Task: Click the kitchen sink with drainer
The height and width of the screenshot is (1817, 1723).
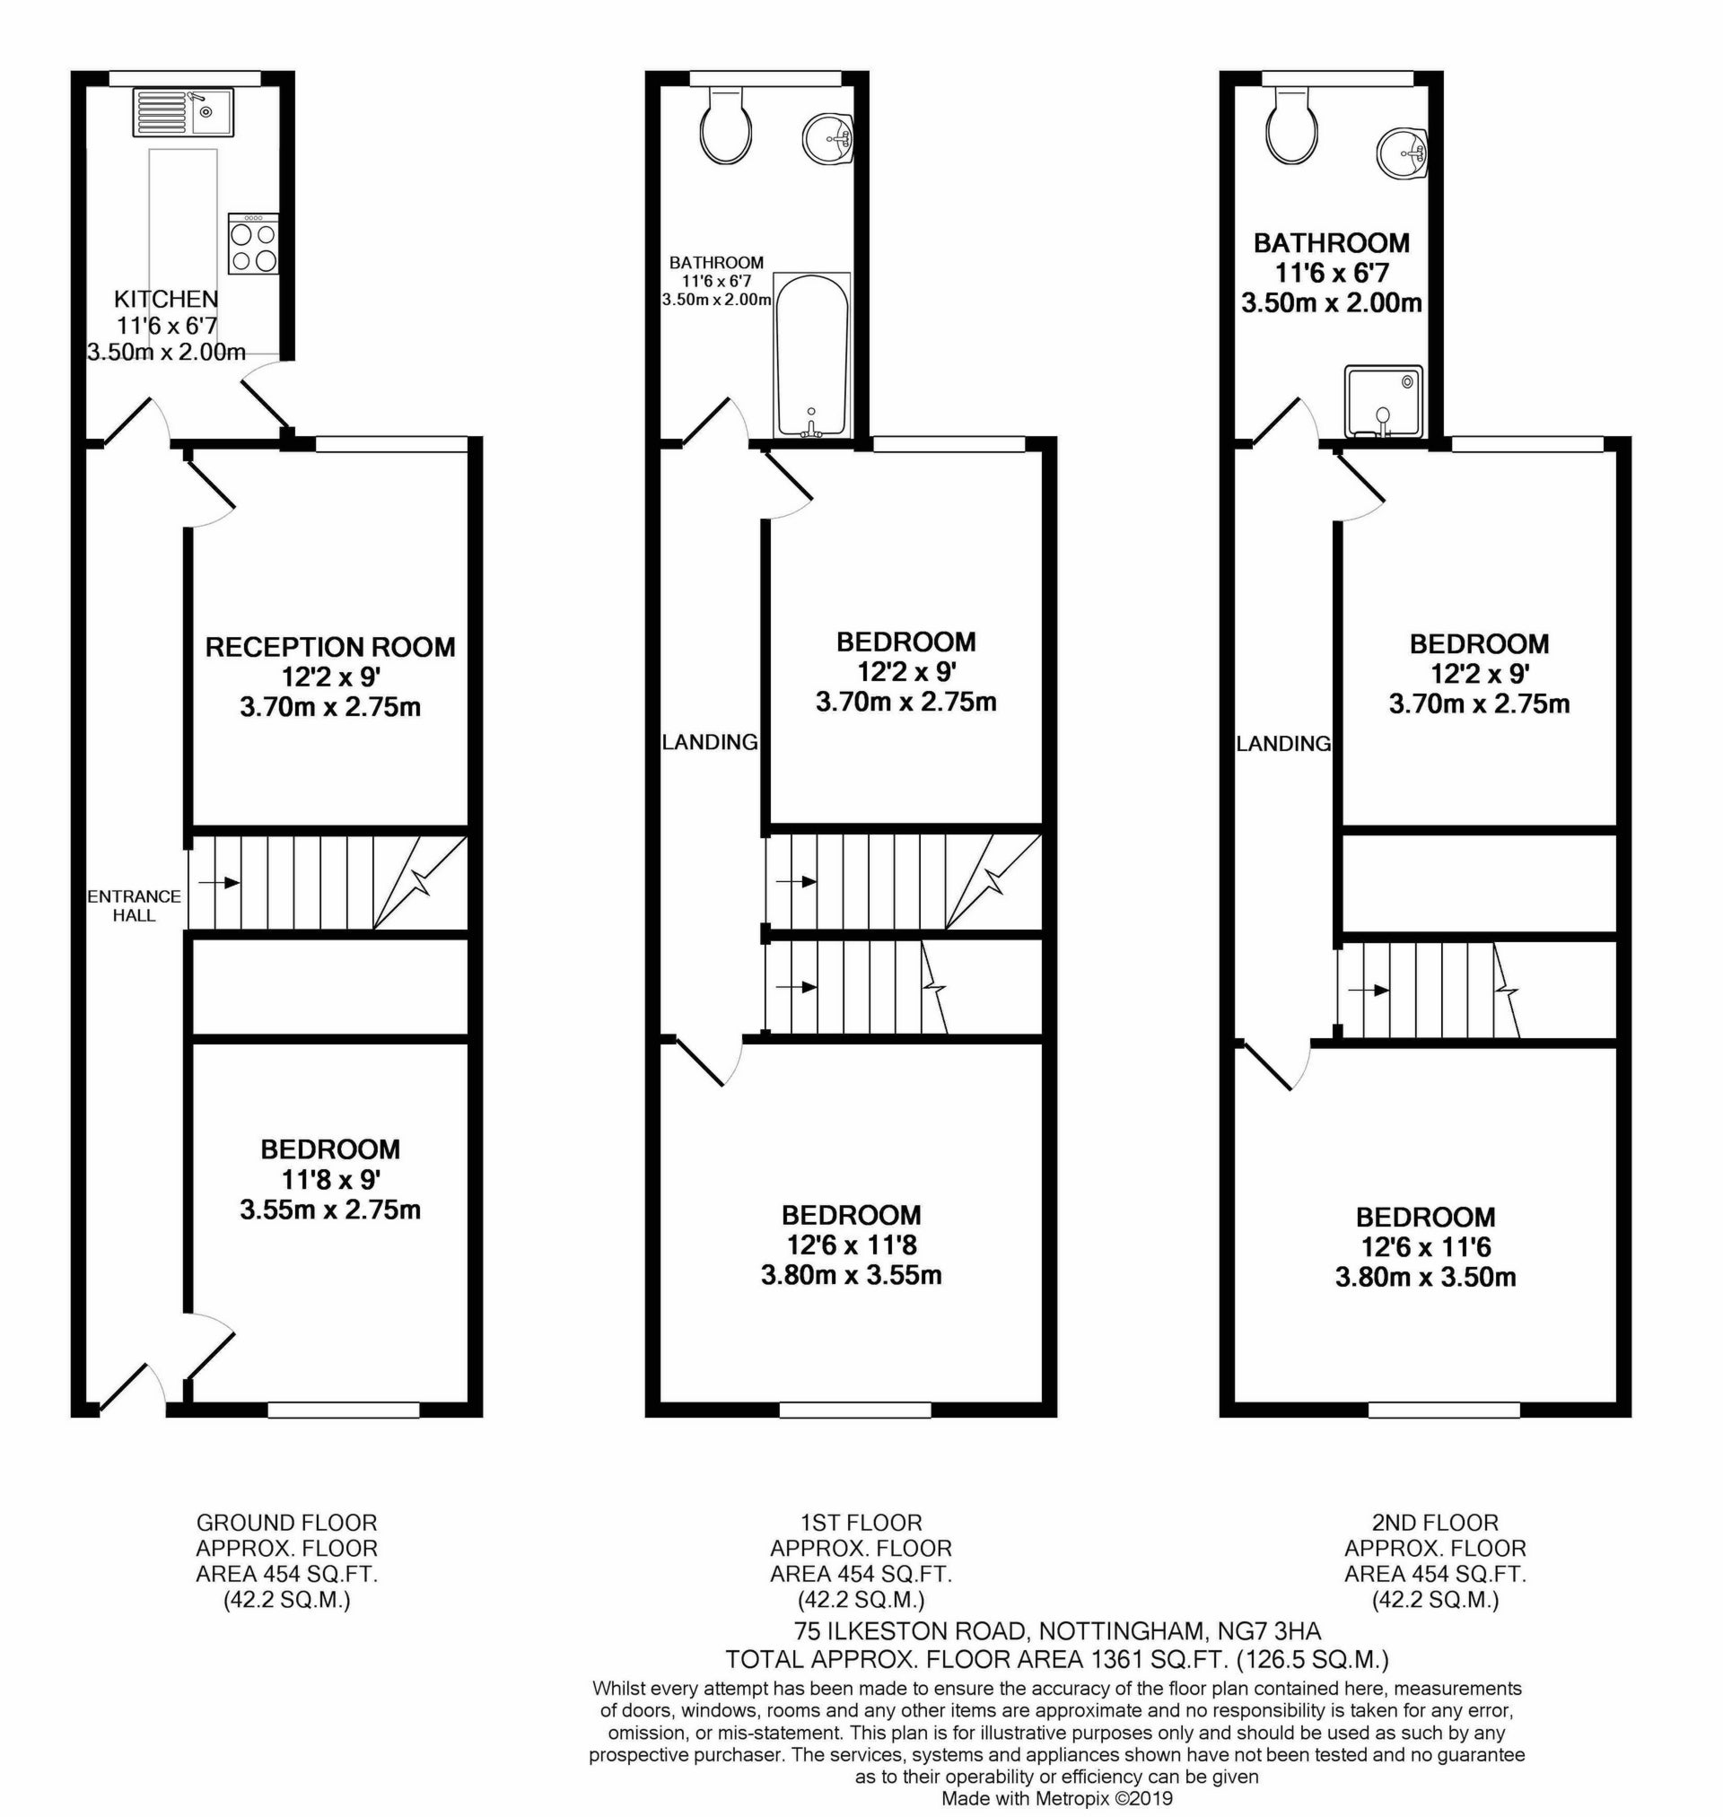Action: point(183,113)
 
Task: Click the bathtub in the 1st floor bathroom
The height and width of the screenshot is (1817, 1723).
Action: point(811,355)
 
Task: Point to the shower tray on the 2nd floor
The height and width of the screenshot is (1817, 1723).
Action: point(1383,402)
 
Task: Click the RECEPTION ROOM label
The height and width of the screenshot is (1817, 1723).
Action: point(330,647)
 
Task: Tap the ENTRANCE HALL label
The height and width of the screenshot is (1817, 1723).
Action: point(134,905)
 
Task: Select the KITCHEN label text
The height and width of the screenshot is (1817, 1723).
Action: point(166,299)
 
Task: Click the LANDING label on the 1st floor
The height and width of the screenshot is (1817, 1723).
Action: point(710,742)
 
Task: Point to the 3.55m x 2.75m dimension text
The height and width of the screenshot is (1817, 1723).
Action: point(330,1210)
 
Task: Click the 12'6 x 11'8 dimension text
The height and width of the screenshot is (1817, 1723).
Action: point(851,1245)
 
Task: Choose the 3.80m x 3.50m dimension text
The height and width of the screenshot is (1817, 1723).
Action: point(1425,1277)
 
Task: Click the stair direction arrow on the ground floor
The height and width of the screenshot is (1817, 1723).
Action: point(219,882)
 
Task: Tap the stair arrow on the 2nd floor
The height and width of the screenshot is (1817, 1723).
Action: point(1368,990)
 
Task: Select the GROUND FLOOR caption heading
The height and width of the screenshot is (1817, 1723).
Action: point(286,1524)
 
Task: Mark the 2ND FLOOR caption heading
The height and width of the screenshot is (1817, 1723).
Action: point(1436,1524)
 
